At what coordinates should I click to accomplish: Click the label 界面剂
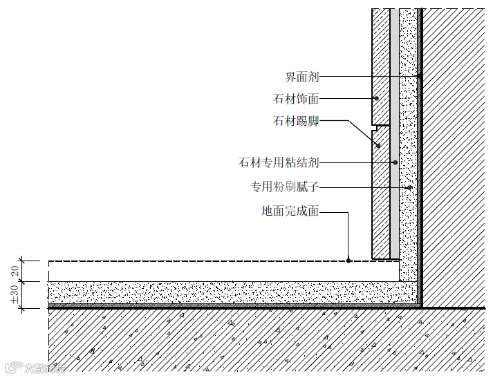(301, 76)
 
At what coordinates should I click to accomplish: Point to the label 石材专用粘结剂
(278, 163)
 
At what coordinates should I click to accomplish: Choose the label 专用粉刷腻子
(284, 187)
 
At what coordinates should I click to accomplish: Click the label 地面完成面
(290, 211)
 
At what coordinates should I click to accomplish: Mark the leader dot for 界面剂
(419, 76)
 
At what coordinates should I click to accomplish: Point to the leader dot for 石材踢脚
(378, 145)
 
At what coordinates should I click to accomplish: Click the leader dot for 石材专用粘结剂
(395, 163)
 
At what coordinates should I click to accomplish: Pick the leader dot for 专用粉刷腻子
(409, 187)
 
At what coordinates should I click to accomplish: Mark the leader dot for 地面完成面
(349, 261)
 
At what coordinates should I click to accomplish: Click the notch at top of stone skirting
(376, 127)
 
